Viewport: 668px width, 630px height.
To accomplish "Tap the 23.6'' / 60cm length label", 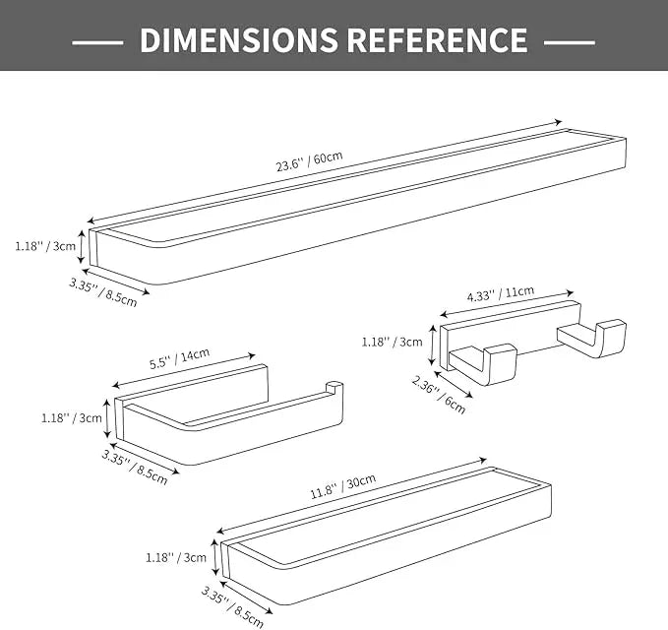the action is (x=309, y=160).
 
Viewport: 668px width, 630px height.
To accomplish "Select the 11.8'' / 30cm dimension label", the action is (x=343, y=485).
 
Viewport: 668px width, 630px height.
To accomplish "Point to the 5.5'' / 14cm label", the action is (x=179, y=358).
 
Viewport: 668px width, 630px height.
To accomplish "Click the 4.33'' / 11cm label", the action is (x=501, y=293).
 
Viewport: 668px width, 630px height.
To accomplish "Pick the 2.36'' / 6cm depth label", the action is (x=439, y=395).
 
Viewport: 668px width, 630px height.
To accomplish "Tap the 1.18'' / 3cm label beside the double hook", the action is (x=392, y=342).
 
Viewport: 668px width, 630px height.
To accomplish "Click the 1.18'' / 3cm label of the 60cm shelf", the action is (x=45, y=246).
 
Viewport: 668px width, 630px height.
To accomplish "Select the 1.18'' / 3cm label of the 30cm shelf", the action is (x=176, y=557).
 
